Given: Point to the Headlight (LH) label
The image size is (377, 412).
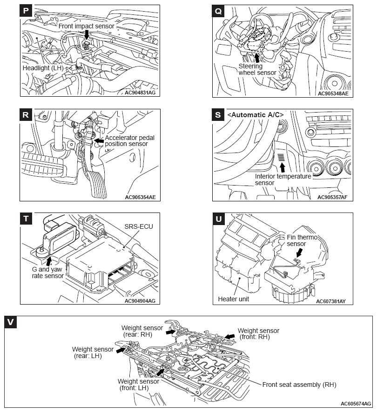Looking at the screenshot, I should [x=43, y=68].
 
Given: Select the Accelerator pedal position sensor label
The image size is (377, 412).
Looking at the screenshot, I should [x=130, y=141].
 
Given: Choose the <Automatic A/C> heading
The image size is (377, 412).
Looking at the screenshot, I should [x=256, y=114].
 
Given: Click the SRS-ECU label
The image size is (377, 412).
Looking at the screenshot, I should [x=139, y=226].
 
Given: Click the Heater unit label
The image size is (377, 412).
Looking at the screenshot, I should [x=234, y=299].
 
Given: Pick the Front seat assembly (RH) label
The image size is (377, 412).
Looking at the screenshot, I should [x=299, y=385].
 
